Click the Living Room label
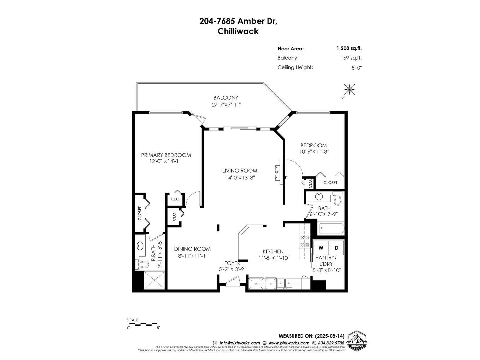pyautogui.click(x=239, y=171)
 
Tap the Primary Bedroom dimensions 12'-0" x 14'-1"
pyautogui.click(x=165, y=161)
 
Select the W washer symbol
pyautogui.click(x=321, y=248)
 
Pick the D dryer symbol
pyautogui.click(x=337, y=248)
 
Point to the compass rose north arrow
pyautogui.click(x=349, y=89)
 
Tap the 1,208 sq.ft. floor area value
pyautogui.click(x=349, y=48)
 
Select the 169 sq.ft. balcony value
pyautogui.click(x=351, y=58)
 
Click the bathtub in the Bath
pyautogui.click(x=331, y=229)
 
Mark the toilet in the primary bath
pyautogui.click(x=142, y=264)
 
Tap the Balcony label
pyautogui.click(x=226, y=97)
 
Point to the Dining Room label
pyautogui.click(x=192, y=249)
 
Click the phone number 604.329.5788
pyautogui.click(x=328, y=343)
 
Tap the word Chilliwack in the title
pyautogui.click(x=238, y=31)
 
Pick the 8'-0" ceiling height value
pyautogui.click(x=357, y=67)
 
